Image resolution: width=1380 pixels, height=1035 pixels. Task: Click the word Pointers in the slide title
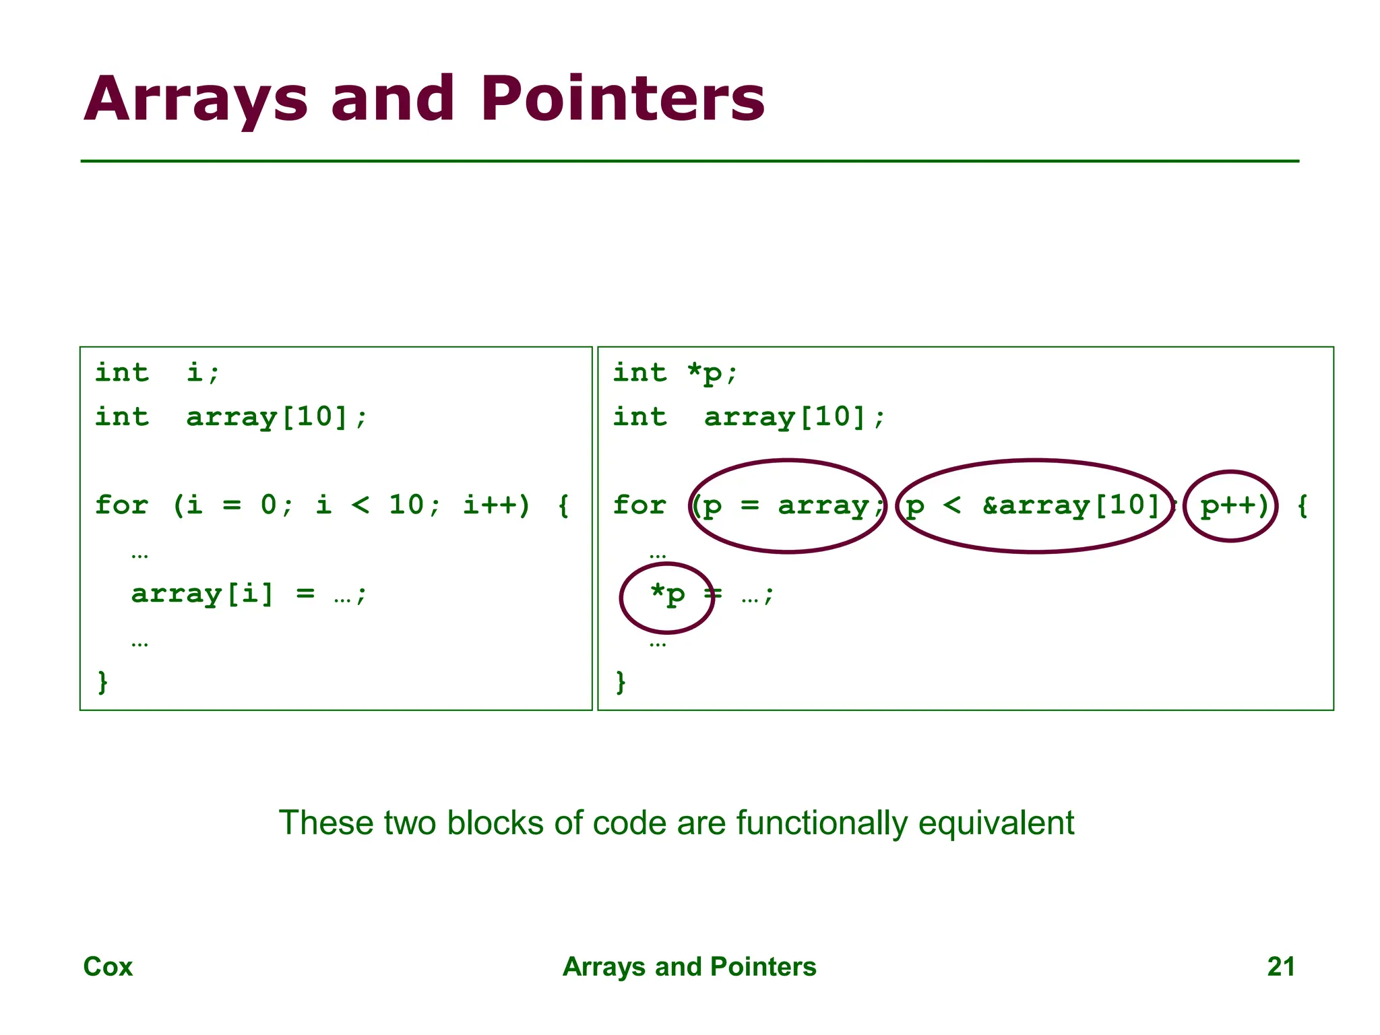[x=623, y=99]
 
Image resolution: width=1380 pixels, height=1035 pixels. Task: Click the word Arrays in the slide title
[x=196, y=99]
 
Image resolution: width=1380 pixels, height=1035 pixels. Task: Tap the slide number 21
[x=1281, y=966]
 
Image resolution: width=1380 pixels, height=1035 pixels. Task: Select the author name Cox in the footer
[x=108, y=966]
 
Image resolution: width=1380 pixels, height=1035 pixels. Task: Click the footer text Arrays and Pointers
[x=689, y=966]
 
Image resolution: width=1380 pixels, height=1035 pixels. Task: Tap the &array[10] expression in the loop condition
[x=1071, y=505]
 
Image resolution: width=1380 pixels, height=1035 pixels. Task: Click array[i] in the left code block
[x=203, y=594]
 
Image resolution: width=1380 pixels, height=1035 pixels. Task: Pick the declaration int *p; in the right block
[x=675, y=373]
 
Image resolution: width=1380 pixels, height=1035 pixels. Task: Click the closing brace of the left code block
[x=102, y=682]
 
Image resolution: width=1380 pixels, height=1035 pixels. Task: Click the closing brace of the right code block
[x=621, y=682]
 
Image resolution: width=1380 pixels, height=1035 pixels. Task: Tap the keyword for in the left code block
[x=121, y=505]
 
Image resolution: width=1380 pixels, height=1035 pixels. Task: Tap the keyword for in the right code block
[x=639, y=505]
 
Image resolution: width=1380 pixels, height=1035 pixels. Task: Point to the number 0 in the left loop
[x=269, y=505]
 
